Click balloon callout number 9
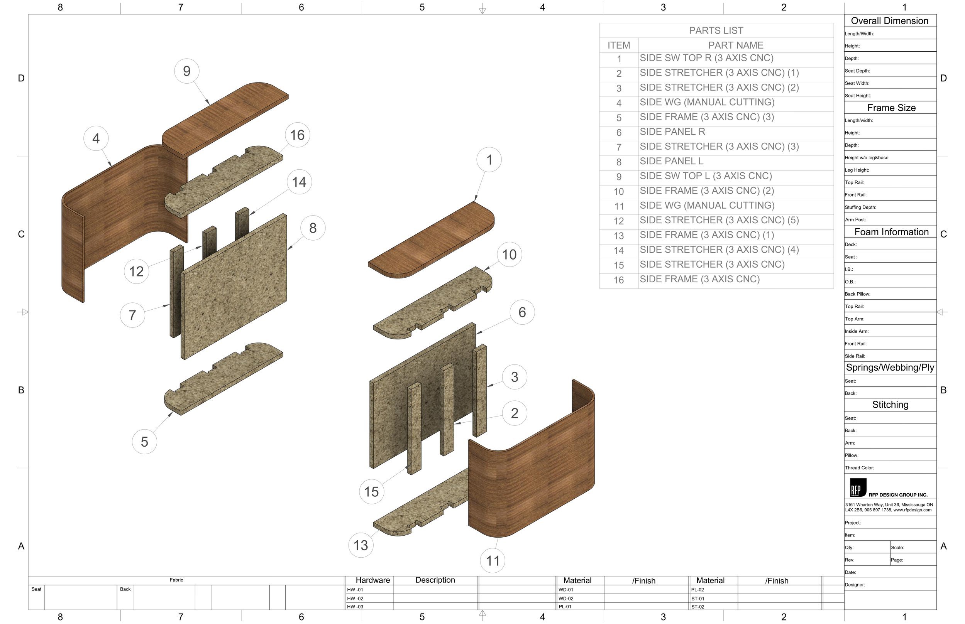click(x=186, y=71)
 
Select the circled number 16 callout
click(x=297, y=135)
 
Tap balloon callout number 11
click(x=493, y=561)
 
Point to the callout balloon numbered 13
click(x=361, y=545)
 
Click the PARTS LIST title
click(x=716, y=31)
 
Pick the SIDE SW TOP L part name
click(x=706, y=176)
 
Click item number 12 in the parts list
click(x=619, y=221)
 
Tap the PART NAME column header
click(x=735, y=46)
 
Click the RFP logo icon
click(x=858, y=488)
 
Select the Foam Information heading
click(x=891, y=232)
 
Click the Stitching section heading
click(x=890, y=405)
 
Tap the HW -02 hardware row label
click(x=355, y=599)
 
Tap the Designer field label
click(x=855, y=585)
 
